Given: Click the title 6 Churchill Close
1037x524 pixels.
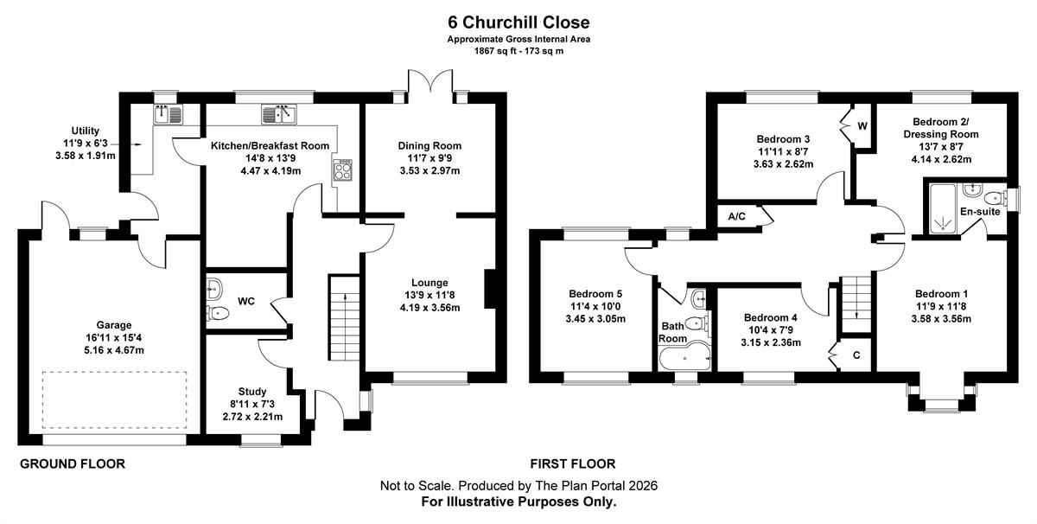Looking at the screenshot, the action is pos(518,22).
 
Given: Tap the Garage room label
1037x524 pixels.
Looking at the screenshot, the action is pos(114,325).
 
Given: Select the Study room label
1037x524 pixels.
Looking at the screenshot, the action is pos(252,392).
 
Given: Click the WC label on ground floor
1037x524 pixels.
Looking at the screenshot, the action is pos(246,301).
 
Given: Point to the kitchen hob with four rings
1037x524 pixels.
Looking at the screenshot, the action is pos(342,170).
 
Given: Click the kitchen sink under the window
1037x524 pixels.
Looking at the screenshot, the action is pos(278,114).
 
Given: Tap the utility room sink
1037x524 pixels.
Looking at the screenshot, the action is pos(169,114).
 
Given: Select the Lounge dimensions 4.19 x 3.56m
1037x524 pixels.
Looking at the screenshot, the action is pos(430,308).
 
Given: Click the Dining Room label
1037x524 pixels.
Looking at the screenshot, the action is pos(429,145).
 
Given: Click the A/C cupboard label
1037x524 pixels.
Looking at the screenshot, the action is pos(736,216).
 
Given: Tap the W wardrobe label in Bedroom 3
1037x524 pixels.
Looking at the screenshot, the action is pos(862,126).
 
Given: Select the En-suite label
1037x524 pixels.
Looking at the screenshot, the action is pos(980,212).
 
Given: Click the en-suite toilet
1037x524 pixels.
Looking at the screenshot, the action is pos(996,199).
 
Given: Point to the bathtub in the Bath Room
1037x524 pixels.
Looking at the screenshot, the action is pos(684,356).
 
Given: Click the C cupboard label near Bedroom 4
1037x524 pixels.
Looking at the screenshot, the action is pos(856,355).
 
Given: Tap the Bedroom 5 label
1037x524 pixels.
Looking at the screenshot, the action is pos(595,294).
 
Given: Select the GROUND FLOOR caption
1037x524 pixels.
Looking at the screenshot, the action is pos(73,463).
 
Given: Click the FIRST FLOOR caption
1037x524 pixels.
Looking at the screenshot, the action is pos(573,463).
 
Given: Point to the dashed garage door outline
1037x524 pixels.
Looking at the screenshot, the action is pos(114,372).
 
